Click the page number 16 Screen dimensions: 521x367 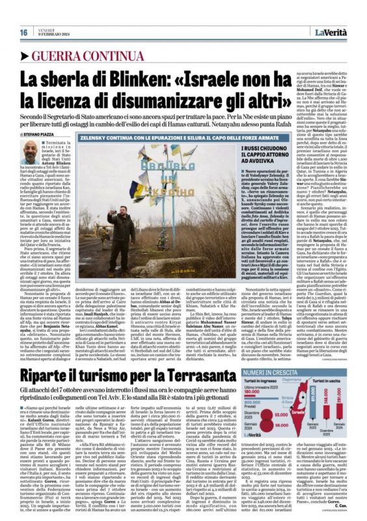pos(23,33)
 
